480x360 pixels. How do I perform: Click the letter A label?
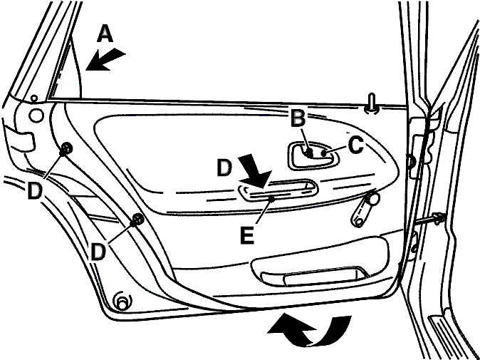pos(105,34)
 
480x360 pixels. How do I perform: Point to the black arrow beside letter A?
pos(105,59)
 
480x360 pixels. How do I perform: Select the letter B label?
pos(297,118)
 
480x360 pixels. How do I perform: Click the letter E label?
pos(246,235)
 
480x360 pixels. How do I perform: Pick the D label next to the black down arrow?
pos(225,168)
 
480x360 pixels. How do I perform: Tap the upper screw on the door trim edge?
pos(66,149)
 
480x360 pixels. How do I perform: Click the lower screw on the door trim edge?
pos(138,220)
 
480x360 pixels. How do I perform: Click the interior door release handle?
pos(314,155)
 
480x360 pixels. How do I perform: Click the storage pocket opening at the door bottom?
pos(314,276)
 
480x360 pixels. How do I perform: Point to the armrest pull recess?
pos(278,190)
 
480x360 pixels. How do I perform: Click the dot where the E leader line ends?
pos(271,199)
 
